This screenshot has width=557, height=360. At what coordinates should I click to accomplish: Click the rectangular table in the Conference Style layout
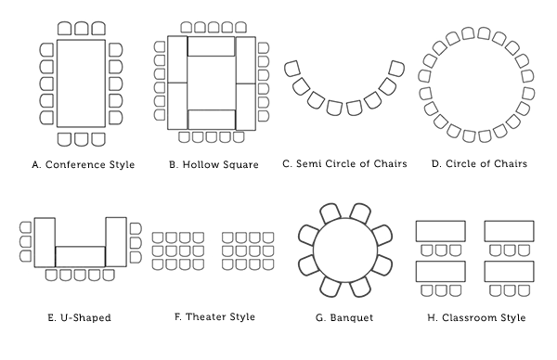(x=82, y=84)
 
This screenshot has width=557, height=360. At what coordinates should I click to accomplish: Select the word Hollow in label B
(x=202, y=165)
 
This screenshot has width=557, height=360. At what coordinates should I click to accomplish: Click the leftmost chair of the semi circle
(x=291, y=70)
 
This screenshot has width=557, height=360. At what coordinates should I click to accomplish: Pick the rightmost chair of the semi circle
(x=397, y=70)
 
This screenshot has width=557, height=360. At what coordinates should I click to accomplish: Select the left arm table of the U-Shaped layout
(x=45, y=242)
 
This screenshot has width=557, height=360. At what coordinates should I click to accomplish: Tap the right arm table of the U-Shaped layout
(x=116, y=242)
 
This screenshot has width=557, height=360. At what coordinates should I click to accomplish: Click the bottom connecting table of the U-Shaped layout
(x=80, y=257)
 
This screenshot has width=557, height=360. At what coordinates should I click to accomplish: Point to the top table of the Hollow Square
(x=212, y=46)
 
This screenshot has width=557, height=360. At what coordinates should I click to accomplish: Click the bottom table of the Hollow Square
(x=212, y=119)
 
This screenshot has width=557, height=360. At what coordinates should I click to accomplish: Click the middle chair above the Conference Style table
(x=82, y=29)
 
